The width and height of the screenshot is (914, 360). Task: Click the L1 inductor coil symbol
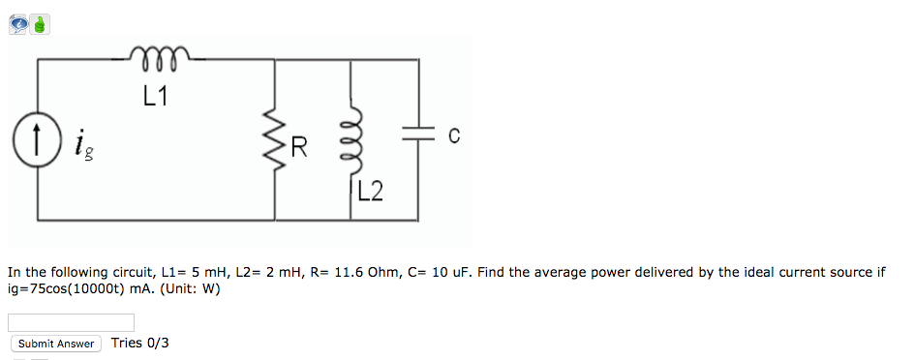click(162, 55)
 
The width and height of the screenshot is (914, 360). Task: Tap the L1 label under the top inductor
click(155, 97)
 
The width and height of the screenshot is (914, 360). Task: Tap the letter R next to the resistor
click(299, 148)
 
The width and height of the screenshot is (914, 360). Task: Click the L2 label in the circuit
click(370, 192)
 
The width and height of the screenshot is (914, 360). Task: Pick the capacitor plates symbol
click(418, 138)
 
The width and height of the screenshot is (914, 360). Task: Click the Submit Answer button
click(56, 344)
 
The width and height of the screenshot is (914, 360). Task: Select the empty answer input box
click(71, 322)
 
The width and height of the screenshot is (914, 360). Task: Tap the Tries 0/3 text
click(140, 343)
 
